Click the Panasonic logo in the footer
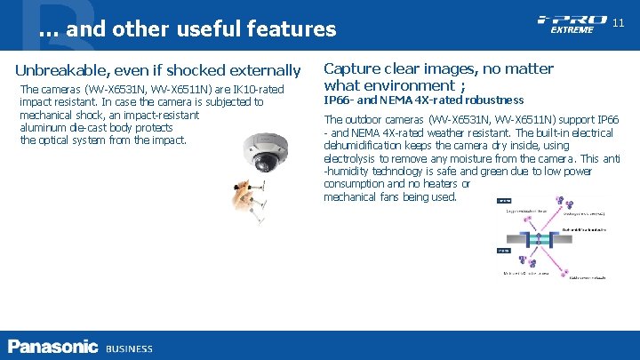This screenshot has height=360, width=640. [52, 347]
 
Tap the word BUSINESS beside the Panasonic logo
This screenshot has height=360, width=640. [129, 348]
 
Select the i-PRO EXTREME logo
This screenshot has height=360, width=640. [572, 24]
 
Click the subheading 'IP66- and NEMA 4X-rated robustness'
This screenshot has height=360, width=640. [423, 100]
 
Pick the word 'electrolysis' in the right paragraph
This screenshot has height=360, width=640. [353, 158]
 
